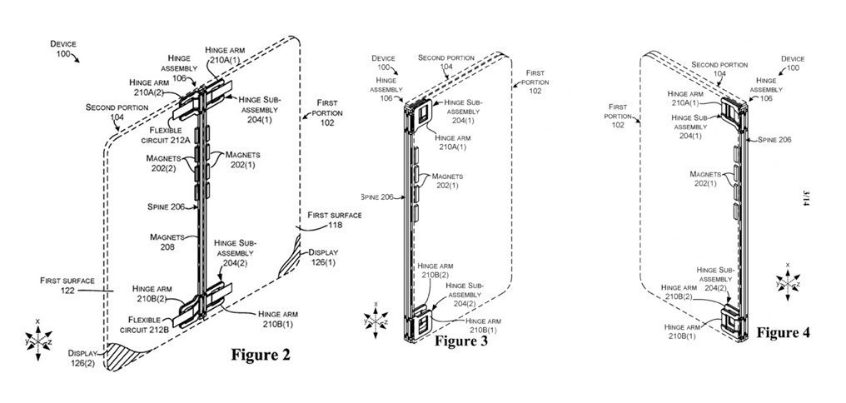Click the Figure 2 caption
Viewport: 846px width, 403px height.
coord(260,356)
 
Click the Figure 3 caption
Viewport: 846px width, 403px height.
coord(465,341)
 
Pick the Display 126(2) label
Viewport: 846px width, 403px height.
coord(84,358)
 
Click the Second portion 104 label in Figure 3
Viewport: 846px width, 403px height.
coord(446,63)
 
